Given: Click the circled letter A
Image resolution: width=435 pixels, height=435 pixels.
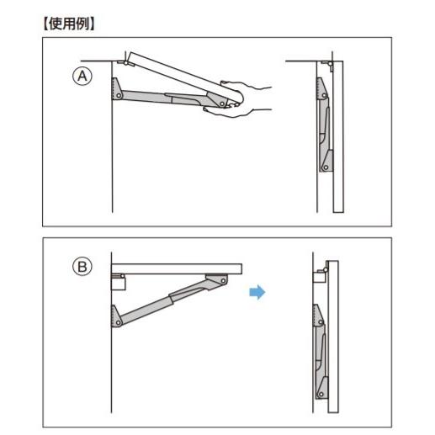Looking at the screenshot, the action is (x=82, y=76).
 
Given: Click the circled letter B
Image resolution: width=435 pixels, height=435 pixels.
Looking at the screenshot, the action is (x=82, y=267).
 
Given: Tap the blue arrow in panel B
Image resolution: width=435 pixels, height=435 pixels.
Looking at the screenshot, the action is (x=257, y=292).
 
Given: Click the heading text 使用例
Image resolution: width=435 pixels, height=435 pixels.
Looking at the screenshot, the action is (x=69, y=24).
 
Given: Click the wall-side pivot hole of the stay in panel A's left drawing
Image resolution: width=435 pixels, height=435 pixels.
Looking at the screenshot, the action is (x=119, y=96).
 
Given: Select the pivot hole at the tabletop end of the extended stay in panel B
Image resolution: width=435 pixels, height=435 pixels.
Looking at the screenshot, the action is (x=223, y=280).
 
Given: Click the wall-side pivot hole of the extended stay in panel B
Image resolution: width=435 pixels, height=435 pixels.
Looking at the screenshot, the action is (x=118, y=323).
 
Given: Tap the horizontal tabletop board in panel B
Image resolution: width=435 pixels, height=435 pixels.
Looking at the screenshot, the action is (x=177, y=268).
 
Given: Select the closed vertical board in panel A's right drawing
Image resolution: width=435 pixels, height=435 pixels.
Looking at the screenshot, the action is (x=338, y=136).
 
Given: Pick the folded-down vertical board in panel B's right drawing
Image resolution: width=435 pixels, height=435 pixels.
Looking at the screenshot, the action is (x=333, y=337).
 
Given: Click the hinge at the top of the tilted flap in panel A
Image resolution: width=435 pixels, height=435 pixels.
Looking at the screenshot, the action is (x=125, y=63).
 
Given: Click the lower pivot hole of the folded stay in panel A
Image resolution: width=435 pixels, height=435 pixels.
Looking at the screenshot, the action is (x=326, y=167).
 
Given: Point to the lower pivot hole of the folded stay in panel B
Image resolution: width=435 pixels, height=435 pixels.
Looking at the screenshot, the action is (x=321, y=395).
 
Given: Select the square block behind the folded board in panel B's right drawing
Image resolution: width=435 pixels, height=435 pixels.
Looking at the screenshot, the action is (x=319, y=276).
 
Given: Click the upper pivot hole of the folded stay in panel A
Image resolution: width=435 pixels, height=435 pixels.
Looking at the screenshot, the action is (x=325, y=96).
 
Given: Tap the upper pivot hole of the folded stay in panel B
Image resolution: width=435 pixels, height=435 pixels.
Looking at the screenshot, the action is (x=321, y=322).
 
